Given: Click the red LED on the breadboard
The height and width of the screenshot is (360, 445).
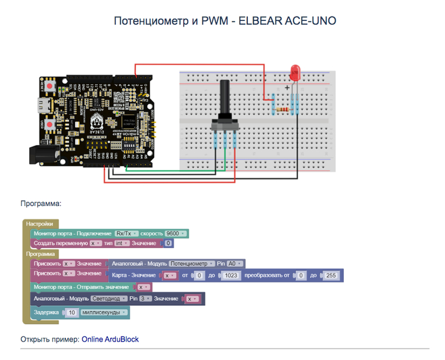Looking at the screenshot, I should (x=294, y=71).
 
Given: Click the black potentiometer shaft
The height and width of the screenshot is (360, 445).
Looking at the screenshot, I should (x=225, y=99).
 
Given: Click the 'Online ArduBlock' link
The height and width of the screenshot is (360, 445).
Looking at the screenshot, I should (x=110, y=340).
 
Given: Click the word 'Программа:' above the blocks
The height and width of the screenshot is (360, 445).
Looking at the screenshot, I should (x=41, y=204).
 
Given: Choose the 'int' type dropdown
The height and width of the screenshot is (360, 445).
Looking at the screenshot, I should (x=121, y=243).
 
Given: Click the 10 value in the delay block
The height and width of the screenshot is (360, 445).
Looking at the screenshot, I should (x=72, y=312).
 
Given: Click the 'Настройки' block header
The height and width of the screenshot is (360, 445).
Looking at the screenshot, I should (x=40, y=224).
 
